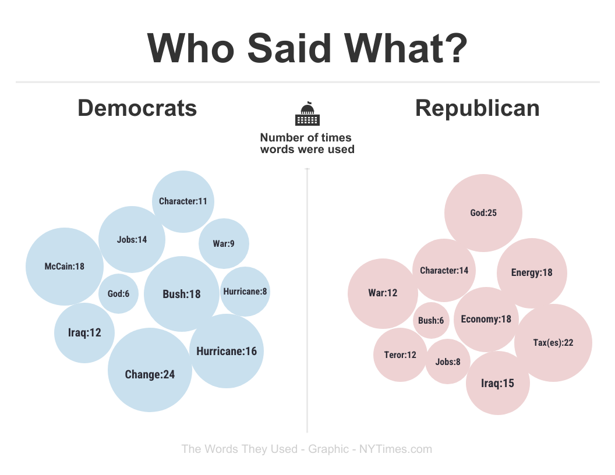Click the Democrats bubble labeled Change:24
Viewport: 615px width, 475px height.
tap(150, 370)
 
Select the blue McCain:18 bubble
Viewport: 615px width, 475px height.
tap(65, 267)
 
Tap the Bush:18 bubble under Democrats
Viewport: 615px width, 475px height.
tap(182, 294)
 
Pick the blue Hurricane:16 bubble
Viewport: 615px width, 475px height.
tap(227, 351)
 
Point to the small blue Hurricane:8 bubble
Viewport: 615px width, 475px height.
tap(245, 291)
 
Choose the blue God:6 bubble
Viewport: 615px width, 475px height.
tap(118, 293)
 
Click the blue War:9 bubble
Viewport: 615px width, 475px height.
tap(224, 244)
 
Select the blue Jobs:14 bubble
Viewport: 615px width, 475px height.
tap(132, 239)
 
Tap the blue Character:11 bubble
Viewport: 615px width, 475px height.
tap(183, 201)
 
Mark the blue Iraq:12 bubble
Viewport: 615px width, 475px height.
tap(85, 333)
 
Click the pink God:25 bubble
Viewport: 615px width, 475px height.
tap(483, 213)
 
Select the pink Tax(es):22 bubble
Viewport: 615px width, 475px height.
tap(553, 343)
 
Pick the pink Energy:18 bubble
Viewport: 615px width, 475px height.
tap(532, 272)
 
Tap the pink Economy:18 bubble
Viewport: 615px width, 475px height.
tap(486, 319)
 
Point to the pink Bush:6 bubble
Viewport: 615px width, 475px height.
tap(431, 321)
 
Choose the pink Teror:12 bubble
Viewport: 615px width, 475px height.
tap(400, 355)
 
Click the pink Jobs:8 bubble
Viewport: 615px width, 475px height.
tap(448, 361)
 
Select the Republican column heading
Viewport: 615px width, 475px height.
tap(477, 108)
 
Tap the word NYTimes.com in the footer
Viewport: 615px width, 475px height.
tap(395, 449)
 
